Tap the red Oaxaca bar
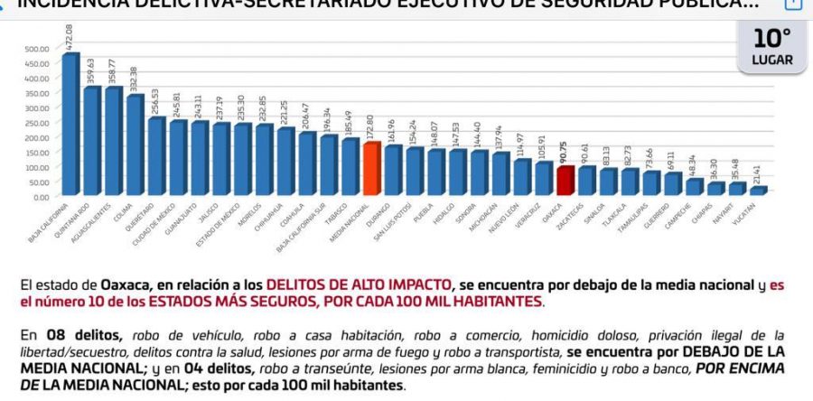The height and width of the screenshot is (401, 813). point(565,181)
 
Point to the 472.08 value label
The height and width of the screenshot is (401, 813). point(70,38)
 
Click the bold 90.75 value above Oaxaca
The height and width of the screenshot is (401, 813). point(565,152)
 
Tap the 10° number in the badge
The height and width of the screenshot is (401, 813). point(772,39)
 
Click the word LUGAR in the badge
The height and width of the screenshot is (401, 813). point(772,61)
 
